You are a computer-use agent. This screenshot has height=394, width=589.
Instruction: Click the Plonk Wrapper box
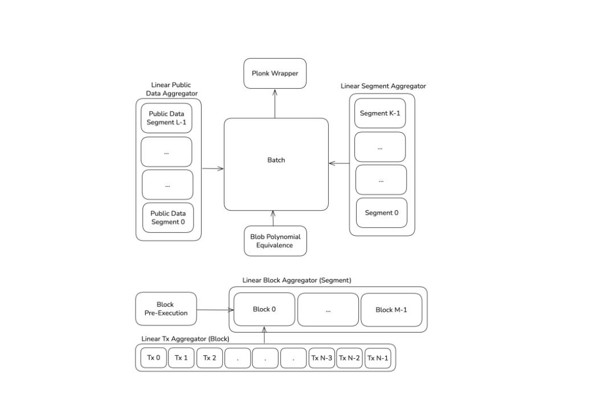(275, 73)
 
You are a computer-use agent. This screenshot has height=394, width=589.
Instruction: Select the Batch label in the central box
(276, 160)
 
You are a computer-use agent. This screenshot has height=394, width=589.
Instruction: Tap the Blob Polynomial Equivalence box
(275, 241)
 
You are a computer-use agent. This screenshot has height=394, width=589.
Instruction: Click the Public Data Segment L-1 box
(166, 118)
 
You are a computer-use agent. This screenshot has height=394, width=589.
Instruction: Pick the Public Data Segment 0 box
(167, 217)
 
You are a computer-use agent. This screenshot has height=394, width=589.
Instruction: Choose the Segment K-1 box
(380, 113)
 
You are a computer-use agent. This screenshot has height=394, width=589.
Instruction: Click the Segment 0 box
(382, 213)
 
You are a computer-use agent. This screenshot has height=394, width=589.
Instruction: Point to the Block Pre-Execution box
(166, 309)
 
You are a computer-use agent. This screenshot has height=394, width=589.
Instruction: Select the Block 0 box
(264, 309)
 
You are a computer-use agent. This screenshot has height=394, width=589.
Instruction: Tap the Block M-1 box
(391, 310)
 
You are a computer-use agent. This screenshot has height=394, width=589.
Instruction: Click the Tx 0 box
(154, 358)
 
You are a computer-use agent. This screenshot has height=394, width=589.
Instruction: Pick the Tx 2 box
(210, 358)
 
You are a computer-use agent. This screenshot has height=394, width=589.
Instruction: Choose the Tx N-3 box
(321, 358)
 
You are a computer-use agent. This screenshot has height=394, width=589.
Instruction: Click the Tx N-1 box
(378, 358)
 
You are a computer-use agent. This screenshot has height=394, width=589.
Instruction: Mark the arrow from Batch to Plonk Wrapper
(275, 103)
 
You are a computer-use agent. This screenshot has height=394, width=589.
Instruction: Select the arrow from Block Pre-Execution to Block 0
(215, 310)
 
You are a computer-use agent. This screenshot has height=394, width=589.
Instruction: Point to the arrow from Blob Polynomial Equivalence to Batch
(273, 218)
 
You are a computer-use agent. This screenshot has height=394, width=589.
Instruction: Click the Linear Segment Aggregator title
(383, 86)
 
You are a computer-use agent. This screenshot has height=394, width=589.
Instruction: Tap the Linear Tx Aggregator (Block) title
(185, 339)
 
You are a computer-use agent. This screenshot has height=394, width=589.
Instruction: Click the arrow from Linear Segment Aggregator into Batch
(339, 164)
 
